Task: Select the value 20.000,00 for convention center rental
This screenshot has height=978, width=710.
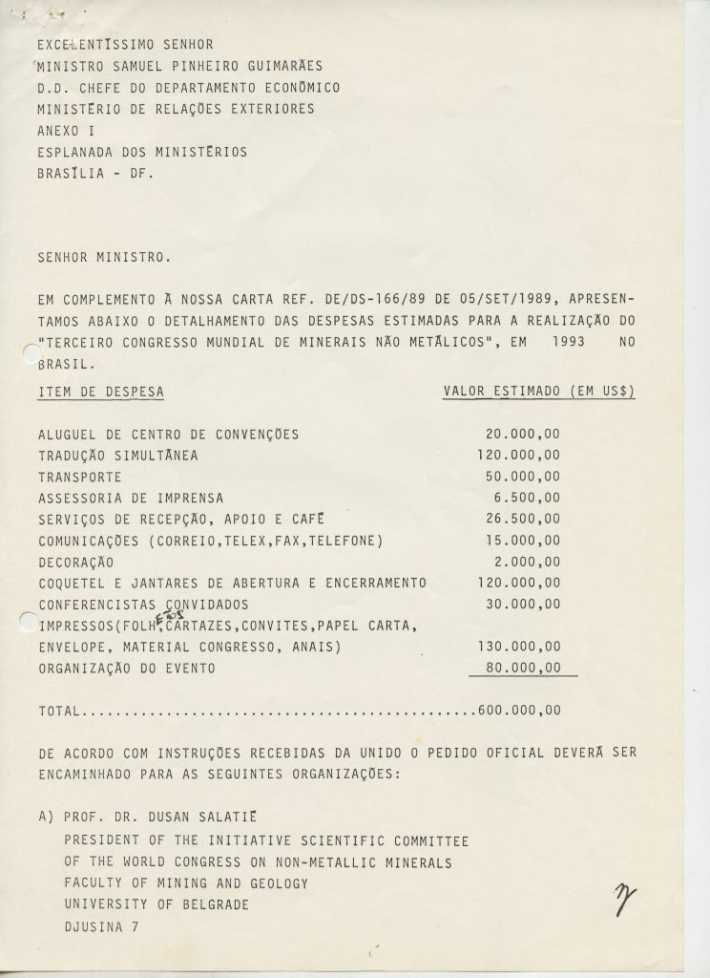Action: (522, 434)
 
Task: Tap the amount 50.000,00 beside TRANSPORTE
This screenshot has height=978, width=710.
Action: (522, 477)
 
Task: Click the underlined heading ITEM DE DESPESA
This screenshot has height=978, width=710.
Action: (100, 392)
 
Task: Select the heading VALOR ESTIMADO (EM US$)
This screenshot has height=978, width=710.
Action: (539, 392)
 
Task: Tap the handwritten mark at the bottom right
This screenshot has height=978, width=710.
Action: (626, 898)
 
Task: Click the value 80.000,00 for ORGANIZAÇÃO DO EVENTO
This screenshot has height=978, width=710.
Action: (522, 669)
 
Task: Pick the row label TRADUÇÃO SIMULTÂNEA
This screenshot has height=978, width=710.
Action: (118, 456)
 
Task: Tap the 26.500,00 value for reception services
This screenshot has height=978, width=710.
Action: (522, 519)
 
